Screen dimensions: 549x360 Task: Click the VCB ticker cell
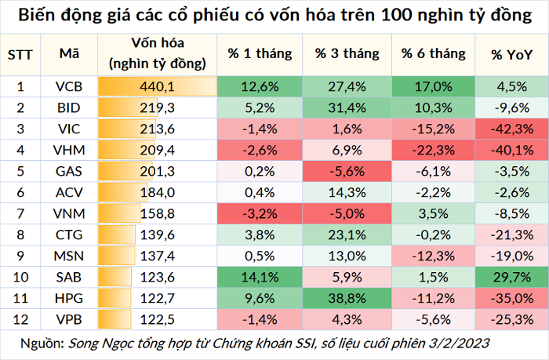69,86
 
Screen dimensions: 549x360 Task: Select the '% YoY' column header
511,55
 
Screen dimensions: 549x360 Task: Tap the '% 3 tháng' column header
347,53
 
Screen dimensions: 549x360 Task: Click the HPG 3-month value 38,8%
347,298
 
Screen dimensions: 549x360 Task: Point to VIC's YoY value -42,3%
512,129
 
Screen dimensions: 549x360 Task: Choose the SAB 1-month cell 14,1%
260,278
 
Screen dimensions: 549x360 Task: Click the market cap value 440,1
157,86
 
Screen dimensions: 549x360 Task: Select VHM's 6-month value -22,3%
434,151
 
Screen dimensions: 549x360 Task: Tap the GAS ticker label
69,171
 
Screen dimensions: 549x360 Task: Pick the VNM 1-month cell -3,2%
260,213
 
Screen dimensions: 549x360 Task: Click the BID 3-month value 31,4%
347,108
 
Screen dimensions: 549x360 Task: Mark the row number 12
20,320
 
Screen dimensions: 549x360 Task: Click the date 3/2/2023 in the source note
459,344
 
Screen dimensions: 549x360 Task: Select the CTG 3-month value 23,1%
347,235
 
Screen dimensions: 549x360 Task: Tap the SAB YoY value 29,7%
512,278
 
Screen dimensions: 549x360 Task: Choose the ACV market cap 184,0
157,193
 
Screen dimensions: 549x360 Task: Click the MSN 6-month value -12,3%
434,256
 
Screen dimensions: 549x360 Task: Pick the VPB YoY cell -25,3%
512,320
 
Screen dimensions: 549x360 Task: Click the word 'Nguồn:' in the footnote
42,344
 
